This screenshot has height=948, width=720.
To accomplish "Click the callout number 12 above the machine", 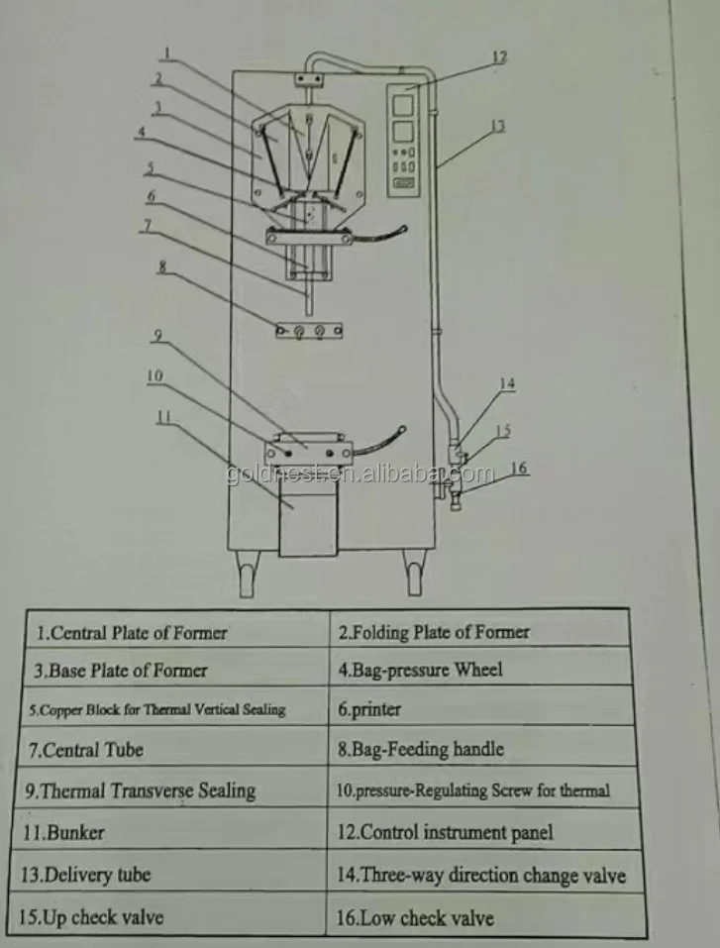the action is coord(500,57).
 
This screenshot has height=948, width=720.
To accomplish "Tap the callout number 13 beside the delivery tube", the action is coord(497,126).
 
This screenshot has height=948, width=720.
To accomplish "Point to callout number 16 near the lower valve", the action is coord(519,467).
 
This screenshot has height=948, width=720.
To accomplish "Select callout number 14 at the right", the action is coord(507,383).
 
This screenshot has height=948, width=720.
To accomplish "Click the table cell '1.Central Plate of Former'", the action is coord(132,632).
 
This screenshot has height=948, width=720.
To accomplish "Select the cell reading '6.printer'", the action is coord(369,709).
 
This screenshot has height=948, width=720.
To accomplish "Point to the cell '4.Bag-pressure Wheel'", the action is coord(420,670).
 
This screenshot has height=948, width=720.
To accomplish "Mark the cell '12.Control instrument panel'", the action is coord(445,832).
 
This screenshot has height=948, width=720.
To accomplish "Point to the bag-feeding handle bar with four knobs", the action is coord(310,331).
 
